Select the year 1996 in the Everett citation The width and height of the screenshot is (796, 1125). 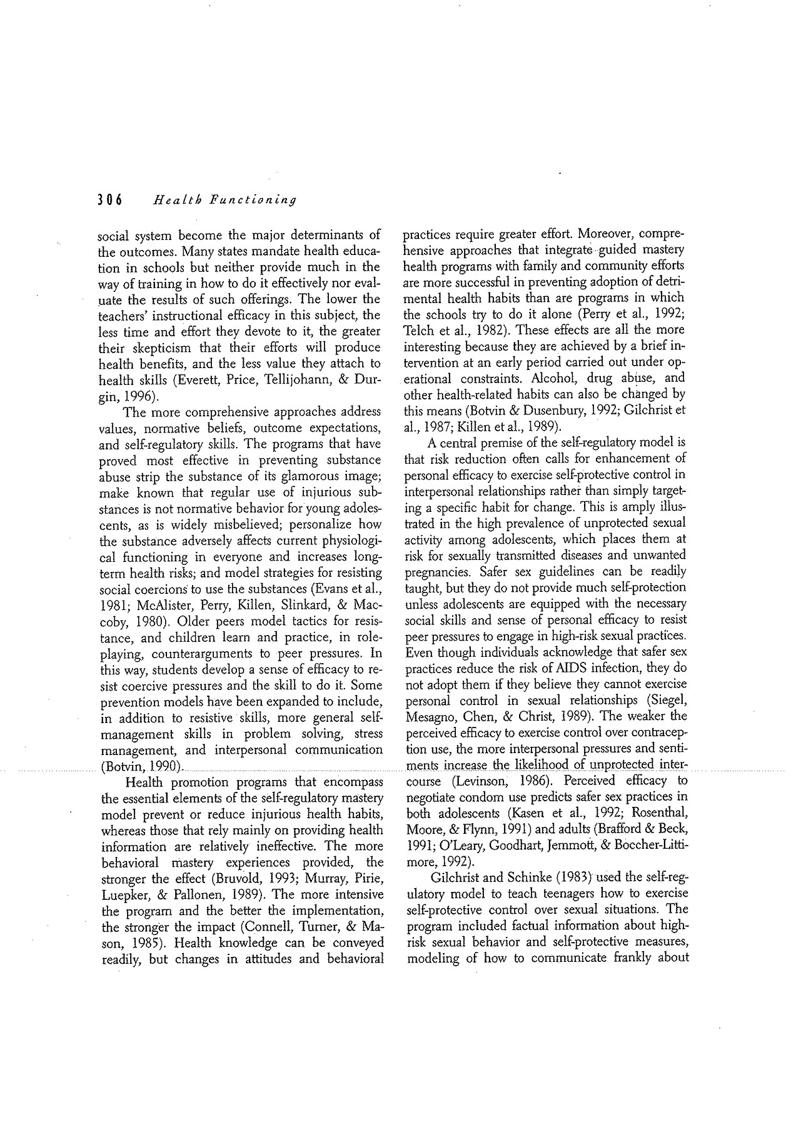138,396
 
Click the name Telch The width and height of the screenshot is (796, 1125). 421,329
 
